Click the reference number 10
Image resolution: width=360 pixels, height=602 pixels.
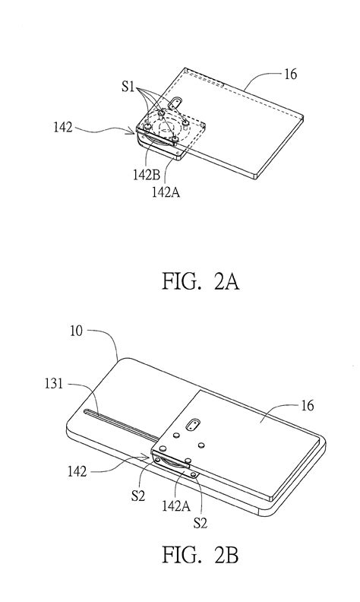(x=77, y=331)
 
